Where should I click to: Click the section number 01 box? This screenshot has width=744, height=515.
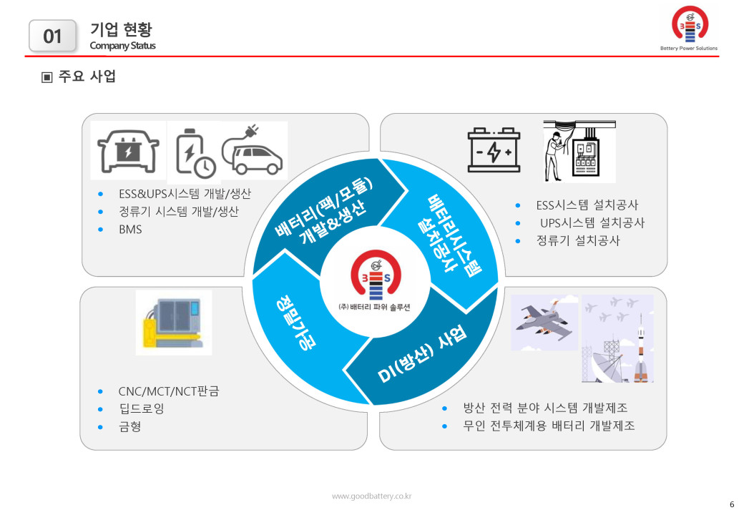coord(52,36)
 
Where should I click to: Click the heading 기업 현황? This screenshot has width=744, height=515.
coord(121,29)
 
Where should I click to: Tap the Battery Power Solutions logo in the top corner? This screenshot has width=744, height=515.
coord(689,28)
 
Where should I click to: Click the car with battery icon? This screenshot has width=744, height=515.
coord(128,151)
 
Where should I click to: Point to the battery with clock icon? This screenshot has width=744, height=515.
coord(195,152)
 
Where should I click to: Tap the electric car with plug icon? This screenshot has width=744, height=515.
coord(253,151)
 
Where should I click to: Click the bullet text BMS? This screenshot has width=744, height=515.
coord(130,230)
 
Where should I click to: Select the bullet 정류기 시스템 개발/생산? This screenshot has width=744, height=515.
coord(178,212)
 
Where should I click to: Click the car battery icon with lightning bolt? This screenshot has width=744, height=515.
coord(494,150)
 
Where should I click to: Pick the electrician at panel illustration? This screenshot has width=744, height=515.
coord(579,151)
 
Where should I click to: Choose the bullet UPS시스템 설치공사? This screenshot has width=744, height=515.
coord(592,223)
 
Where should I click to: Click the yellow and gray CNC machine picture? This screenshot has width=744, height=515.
coord(174,323)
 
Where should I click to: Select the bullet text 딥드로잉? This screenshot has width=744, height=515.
coord(142,408)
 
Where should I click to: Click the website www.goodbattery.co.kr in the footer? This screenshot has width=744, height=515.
coord(371,496)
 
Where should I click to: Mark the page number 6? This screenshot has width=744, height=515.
coord(732,504)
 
